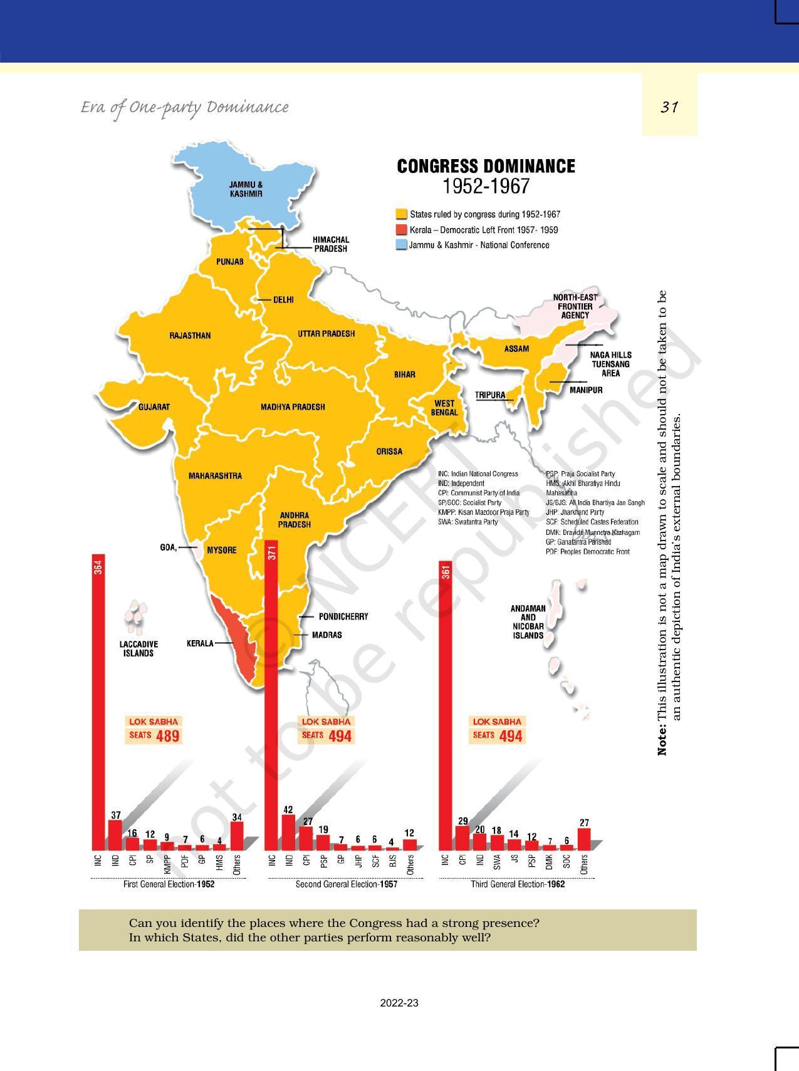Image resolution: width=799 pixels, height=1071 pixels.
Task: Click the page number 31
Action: tap(669, 107)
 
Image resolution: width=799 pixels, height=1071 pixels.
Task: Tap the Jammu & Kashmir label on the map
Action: tap(246, 189)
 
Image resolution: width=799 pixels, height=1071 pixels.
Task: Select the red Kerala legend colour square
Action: tap(401, 230)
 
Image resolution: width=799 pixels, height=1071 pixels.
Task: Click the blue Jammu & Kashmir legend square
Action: tap(401, 246)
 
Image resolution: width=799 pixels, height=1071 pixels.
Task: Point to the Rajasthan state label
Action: tap(190, 336)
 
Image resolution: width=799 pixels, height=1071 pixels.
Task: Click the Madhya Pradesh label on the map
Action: tap(293, 407)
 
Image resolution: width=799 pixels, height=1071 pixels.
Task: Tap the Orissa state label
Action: tap(389, 452)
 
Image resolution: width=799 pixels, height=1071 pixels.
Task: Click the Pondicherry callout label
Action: tap(343, 616)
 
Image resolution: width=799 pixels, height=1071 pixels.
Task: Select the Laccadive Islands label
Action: tap(138, 648)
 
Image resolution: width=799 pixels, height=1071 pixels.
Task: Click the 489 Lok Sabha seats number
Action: tap(168, 736)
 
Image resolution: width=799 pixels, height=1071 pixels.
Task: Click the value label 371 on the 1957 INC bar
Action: tap(271, 552)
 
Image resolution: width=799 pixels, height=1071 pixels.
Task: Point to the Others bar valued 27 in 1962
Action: tap(584, 839)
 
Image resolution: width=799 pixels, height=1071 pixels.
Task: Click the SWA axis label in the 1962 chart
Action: tap(496, 863)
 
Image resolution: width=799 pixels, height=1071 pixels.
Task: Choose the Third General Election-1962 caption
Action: tap(518, 884)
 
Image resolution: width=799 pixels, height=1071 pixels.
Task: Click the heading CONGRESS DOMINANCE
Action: tap(486, 167)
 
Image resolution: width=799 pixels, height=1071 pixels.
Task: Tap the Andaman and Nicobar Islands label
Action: tap(528, 622)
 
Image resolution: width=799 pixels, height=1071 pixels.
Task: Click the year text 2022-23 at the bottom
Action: tap(399, 1003)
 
